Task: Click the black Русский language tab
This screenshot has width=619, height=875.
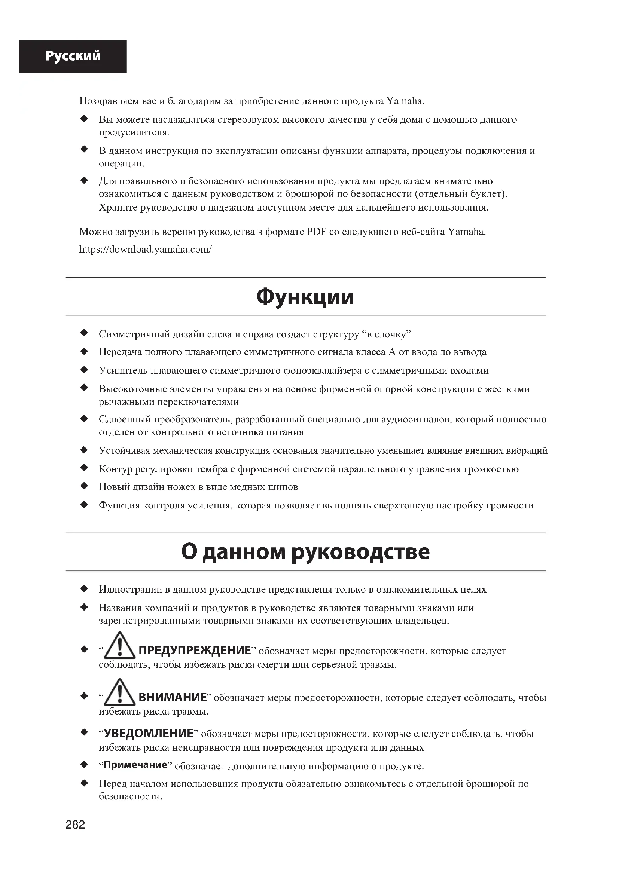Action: pos(73,56)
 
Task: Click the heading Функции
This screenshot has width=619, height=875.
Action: pos(305,297)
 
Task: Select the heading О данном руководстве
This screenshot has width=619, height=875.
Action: pos(305,551)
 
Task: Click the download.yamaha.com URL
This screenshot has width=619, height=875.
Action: pos(145,249)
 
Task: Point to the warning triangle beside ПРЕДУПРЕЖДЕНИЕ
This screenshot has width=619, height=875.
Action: pos(120,646)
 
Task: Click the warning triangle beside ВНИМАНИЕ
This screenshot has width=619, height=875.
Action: pos(120,692)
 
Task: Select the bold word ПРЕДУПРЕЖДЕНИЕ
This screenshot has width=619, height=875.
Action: pos(195,650)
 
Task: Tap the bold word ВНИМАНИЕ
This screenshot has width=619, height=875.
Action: pos(172,697)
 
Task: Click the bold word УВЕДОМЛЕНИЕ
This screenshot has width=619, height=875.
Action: pos(149,733)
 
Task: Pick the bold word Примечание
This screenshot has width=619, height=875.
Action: pos(136,764)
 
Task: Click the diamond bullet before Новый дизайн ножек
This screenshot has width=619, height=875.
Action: pos(84,486)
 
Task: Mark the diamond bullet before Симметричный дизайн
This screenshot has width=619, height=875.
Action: pos(84,333)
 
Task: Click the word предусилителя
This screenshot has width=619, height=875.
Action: pos(134,133)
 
